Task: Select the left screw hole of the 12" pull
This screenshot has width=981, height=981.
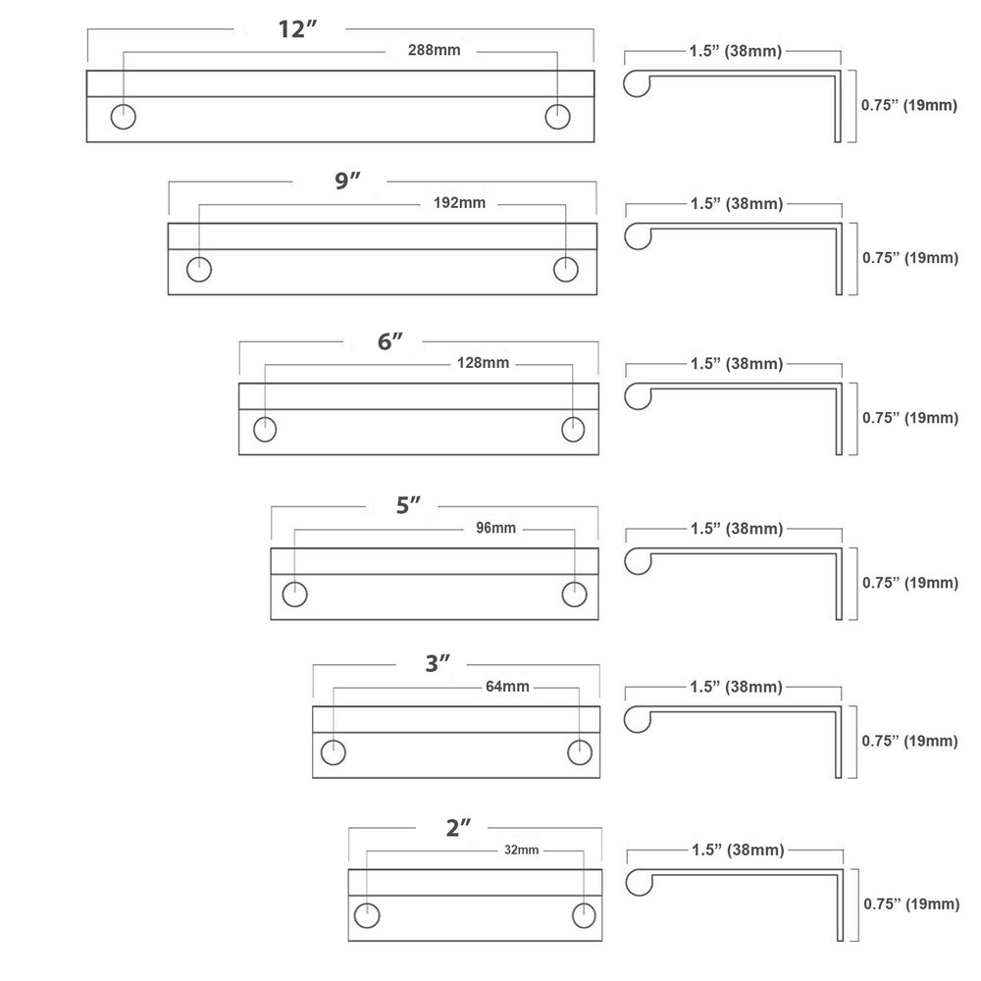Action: click(124, 116)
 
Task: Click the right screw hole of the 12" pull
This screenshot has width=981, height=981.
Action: click(557, 116)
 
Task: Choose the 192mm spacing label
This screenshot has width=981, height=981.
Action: click(459, 204)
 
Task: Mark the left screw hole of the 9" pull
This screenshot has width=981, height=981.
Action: click(200, 269)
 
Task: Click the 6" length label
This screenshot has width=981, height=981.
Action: click(390, 342)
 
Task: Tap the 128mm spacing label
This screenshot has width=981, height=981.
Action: click(483, 363)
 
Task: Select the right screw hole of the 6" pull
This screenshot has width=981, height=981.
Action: click(574, 430)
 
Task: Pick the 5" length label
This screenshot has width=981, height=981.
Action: click(409, 506)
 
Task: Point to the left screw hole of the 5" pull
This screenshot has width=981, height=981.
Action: click(294, 594)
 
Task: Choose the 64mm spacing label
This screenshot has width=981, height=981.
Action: click(507, 686)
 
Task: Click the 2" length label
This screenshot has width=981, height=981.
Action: click(458, 827)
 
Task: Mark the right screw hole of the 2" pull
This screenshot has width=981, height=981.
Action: click(584, 913)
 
